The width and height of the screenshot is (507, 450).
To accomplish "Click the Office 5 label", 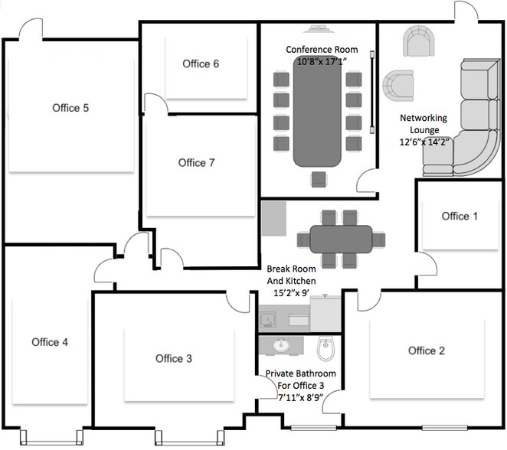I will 70,108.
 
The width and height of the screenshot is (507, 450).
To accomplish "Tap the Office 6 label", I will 201,64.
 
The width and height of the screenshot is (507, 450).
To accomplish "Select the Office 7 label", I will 196,163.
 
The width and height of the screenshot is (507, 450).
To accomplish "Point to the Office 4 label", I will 50,342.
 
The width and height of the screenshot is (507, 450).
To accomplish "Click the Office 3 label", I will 174,358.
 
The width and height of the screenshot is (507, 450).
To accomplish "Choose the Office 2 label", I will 427,351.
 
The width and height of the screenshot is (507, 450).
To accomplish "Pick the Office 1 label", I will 460,217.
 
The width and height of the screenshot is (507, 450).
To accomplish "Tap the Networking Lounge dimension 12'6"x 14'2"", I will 426,142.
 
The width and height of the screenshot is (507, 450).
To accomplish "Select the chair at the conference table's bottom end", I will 318,180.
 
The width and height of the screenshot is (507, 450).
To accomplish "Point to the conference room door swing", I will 368,181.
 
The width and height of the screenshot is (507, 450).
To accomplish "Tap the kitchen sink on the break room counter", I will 269,316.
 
